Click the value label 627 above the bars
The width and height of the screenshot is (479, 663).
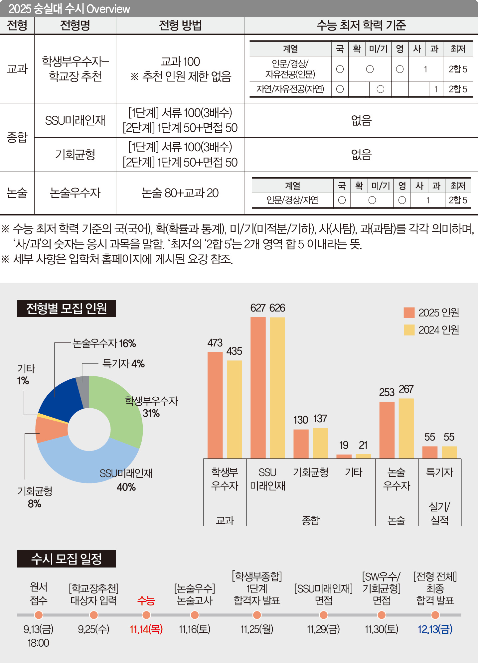(x=258, y=308)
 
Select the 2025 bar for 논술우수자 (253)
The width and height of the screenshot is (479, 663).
(x=387, y=430)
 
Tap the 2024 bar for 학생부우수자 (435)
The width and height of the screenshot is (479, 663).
(x=234, y=409)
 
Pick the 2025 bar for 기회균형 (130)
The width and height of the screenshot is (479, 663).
(x=301, y=444)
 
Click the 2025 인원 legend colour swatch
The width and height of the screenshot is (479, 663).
(x=409, y=313)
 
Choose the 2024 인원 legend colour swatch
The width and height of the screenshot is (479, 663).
(x=409, y=330)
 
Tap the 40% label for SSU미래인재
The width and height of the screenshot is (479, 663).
(x=126, y=487)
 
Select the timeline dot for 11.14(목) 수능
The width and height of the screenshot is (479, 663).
(x=146, y=615)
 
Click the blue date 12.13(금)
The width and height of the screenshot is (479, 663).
(x=435, y=629)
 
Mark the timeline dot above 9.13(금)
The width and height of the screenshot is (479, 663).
(x=39, y=615)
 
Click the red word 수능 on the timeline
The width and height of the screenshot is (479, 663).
(x=146, y=600)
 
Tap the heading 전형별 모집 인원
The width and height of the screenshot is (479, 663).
(x=67, y=309)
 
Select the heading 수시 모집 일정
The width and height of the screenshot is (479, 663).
(x=67, y=559)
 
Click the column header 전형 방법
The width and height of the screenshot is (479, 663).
(x=180, y=25)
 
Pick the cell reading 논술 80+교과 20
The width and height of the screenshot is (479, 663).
(x=180, y=193)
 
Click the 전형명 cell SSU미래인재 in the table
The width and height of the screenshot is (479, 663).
(x=75, y=120)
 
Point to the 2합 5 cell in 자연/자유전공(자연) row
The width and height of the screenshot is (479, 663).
(x=458, y=89)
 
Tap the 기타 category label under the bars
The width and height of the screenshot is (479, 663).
(x=353, y=472)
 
